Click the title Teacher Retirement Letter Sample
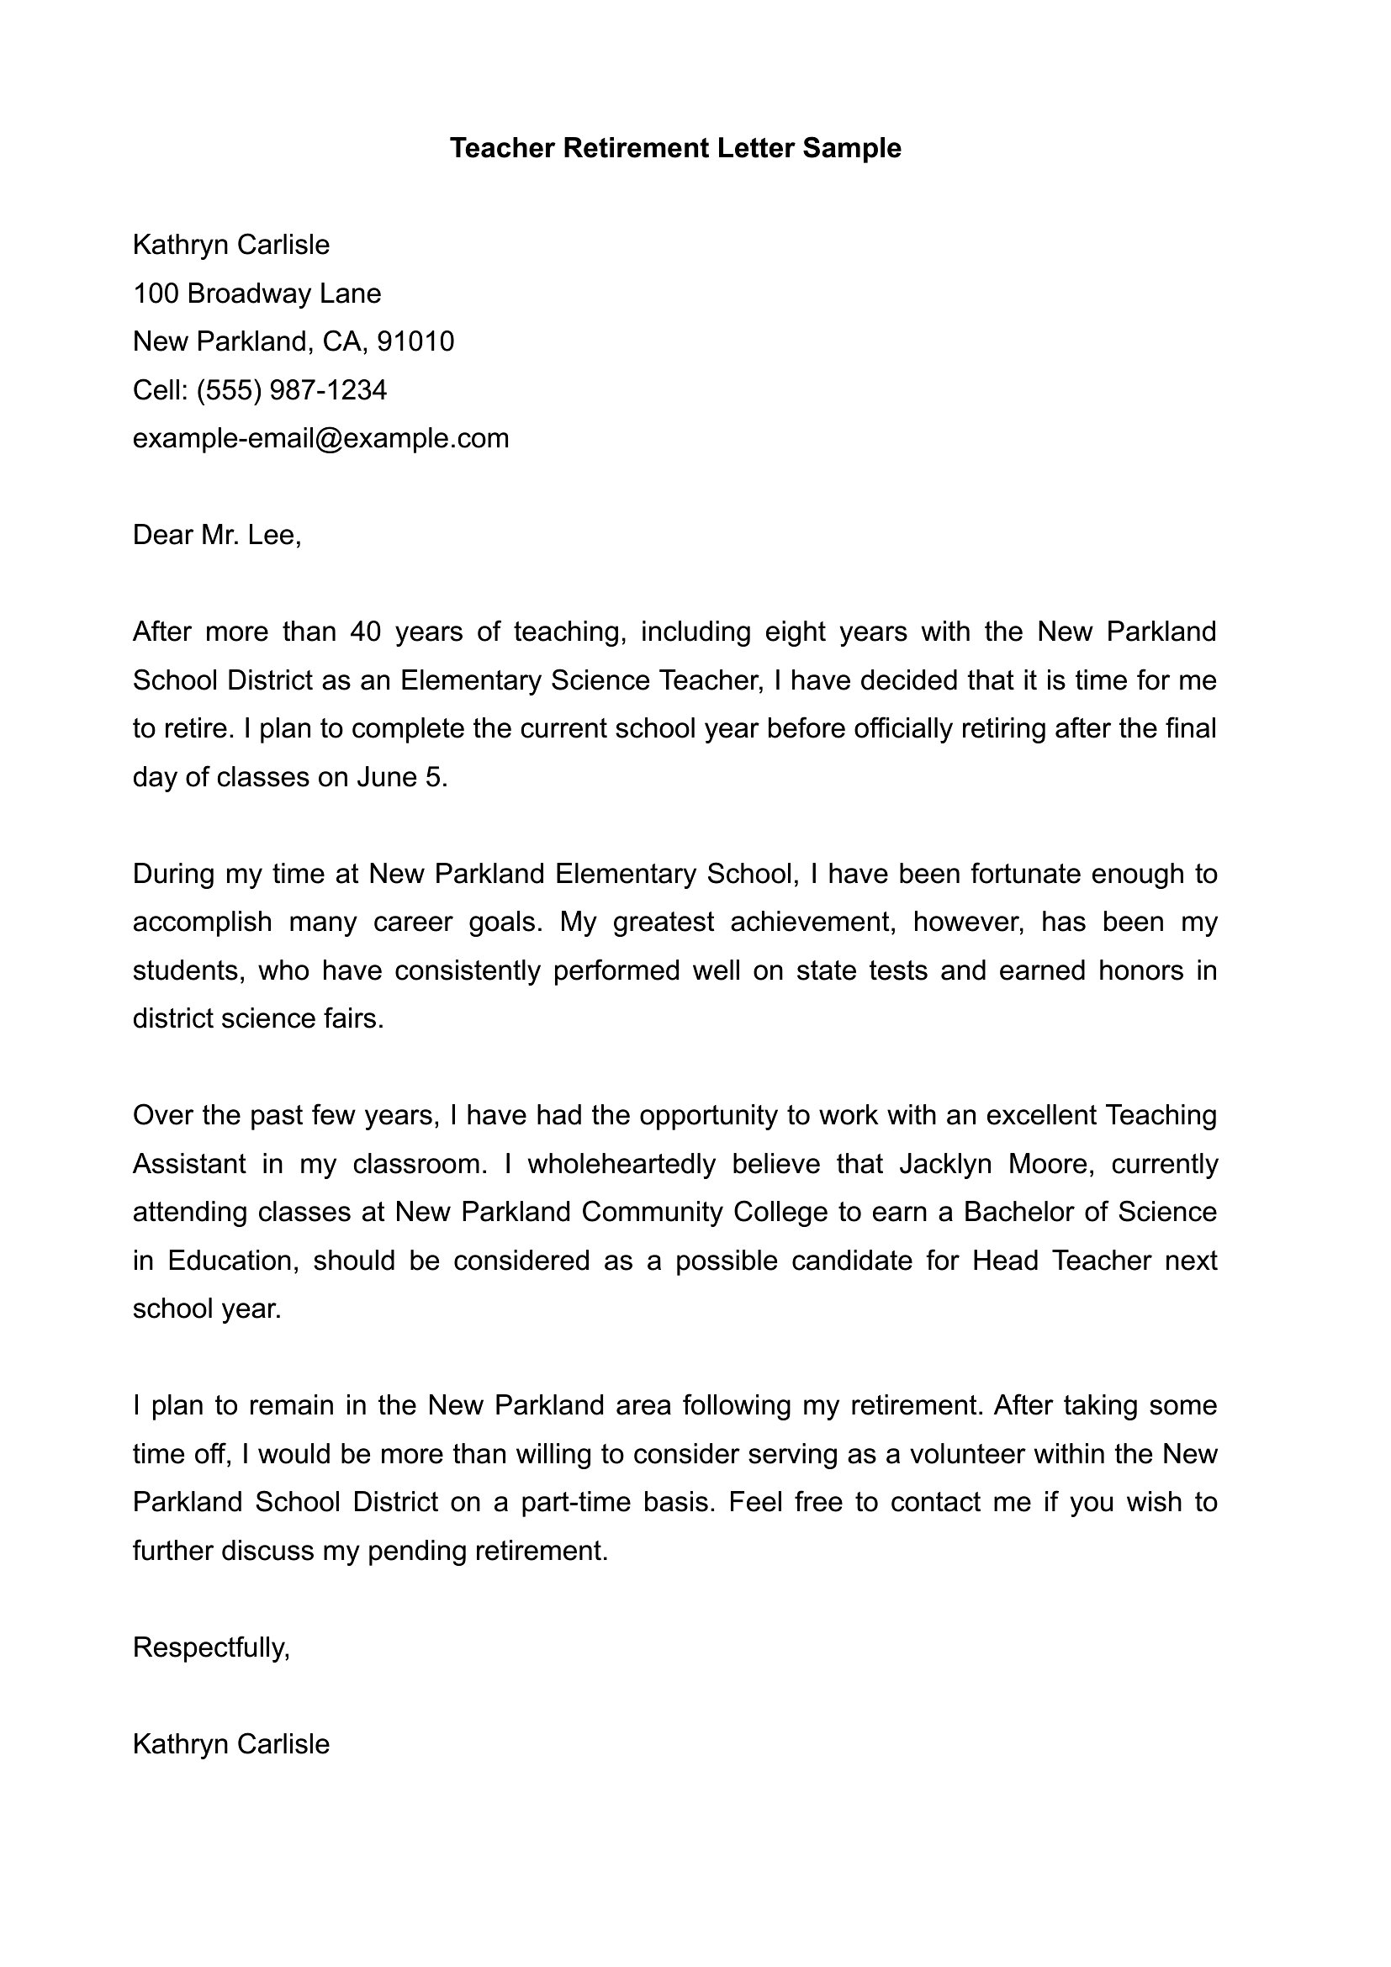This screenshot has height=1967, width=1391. coord(675,148)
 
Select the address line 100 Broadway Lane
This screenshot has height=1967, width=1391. coord(257,293)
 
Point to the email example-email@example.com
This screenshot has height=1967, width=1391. coord(320,439)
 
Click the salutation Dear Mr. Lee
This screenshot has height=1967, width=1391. coord(217,536)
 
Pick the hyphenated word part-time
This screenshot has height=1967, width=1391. coord(572,1502)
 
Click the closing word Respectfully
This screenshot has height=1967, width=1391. coord(211,1647)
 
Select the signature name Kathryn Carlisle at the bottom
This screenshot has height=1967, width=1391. coord(230,1744)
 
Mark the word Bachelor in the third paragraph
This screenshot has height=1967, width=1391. coord(1016,1213)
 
